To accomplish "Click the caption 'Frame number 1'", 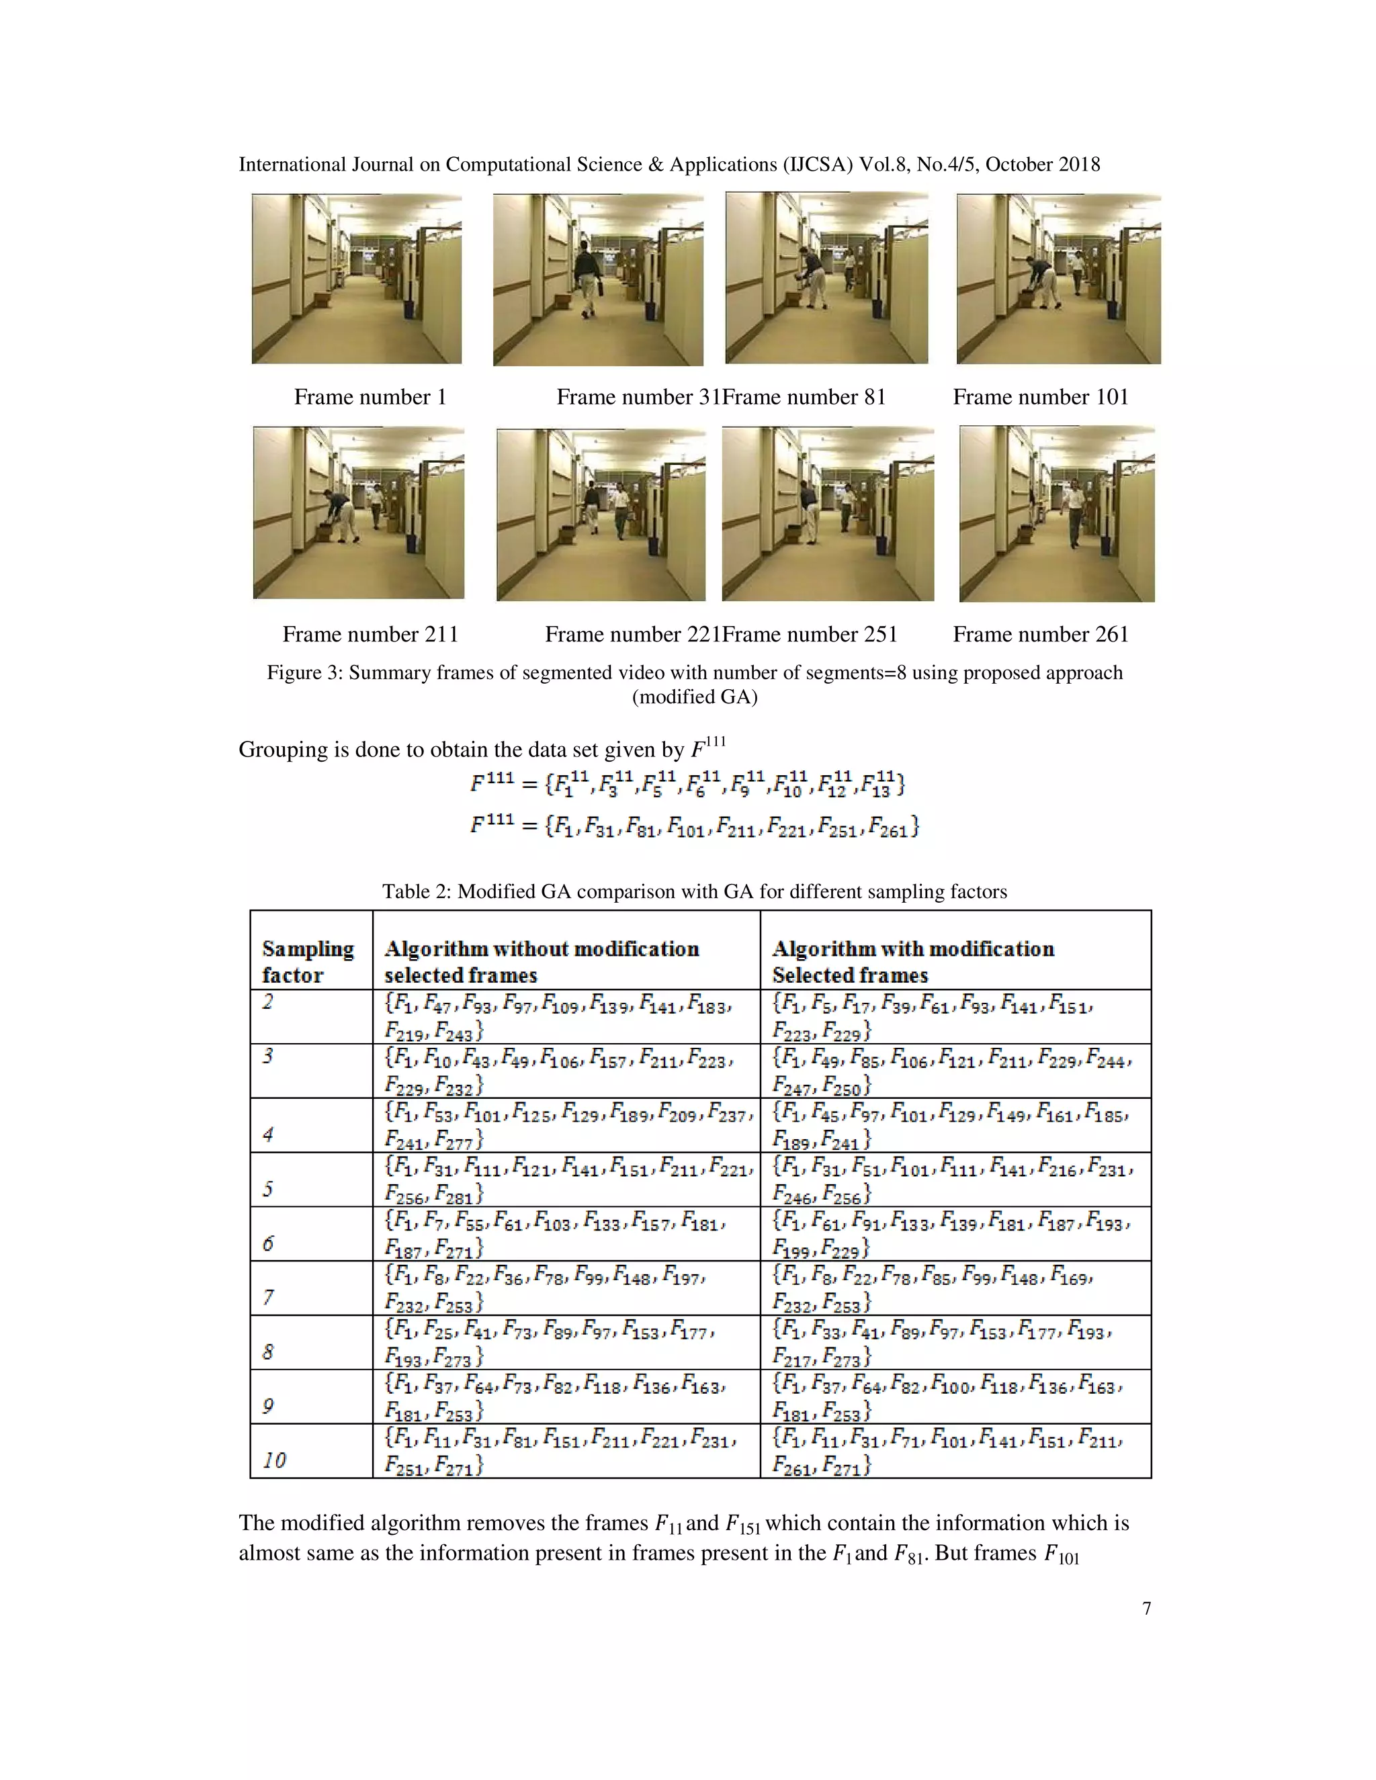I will click(370, 397).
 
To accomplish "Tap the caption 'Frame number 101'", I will click(1040, 397).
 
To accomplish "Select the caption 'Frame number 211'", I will click(370, 634).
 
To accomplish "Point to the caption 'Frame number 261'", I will click(1040, 634).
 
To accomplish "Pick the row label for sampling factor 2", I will click(268, 1002).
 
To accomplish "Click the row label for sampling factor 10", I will click(274, 1460).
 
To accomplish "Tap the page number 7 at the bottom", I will click(1146, 1608).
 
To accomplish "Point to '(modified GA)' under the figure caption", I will click(695, 698).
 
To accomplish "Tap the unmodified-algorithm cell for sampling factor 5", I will click(566, 1180).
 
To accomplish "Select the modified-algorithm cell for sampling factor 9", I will click(954, 1396).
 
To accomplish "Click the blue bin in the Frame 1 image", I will click(409, 309).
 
